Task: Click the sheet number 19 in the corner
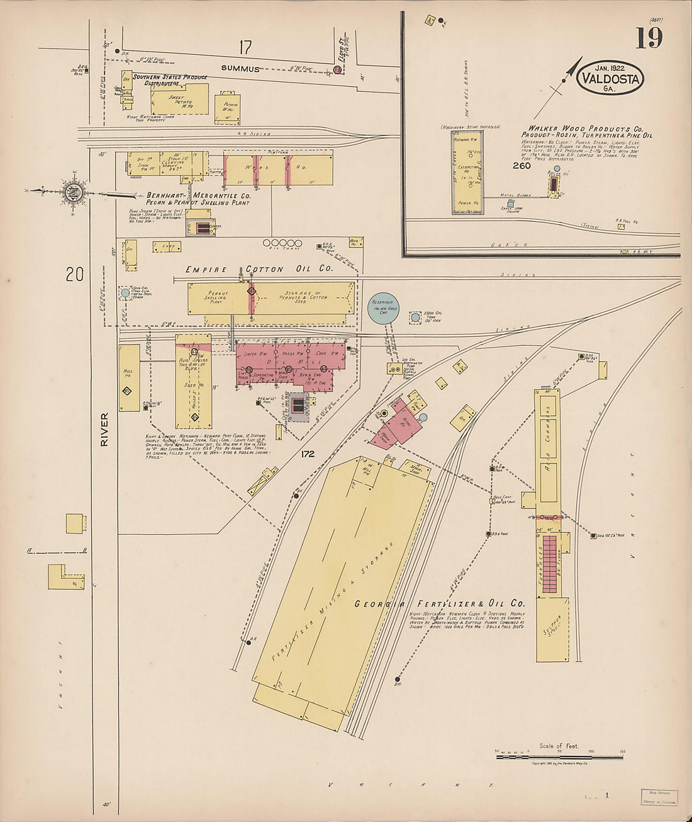[x=649, y=38]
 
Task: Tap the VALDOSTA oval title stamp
[x=610, y=79]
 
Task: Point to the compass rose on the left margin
[x=72, y=191]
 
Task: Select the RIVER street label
[x=104, y=430]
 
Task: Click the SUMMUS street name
[x=240, y=69]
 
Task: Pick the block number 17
[x=245, y=47]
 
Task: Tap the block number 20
[x=75, y=275]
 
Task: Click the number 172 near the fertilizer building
[x=308, y=454]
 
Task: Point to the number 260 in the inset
[x=522, y=166]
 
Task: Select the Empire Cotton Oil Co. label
[x=259, y=270]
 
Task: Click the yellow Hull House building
[x=129, y=378]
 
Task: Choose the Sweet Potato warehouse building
[x=179, y=99]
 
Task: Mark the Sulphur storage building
[x=552, y=629]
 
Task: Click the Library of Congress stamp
[x=659, y=797]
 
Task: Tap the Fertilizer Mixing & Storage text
[x=335, y=602]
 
